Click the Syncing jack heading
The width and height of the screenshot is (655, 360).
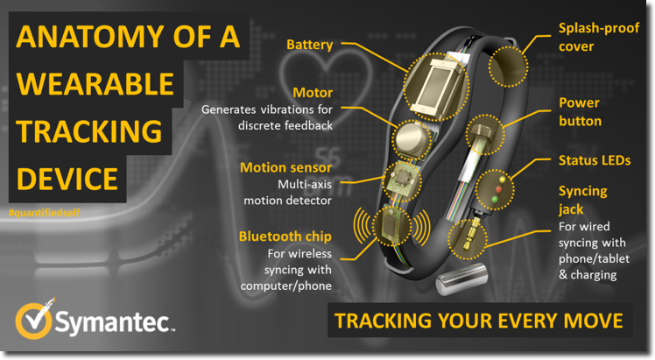pyautogui.click(x=582, y=198)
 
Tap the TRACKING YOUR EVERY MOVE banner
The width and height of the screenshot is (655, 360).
pyautogui.click(x=480, y=321)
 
